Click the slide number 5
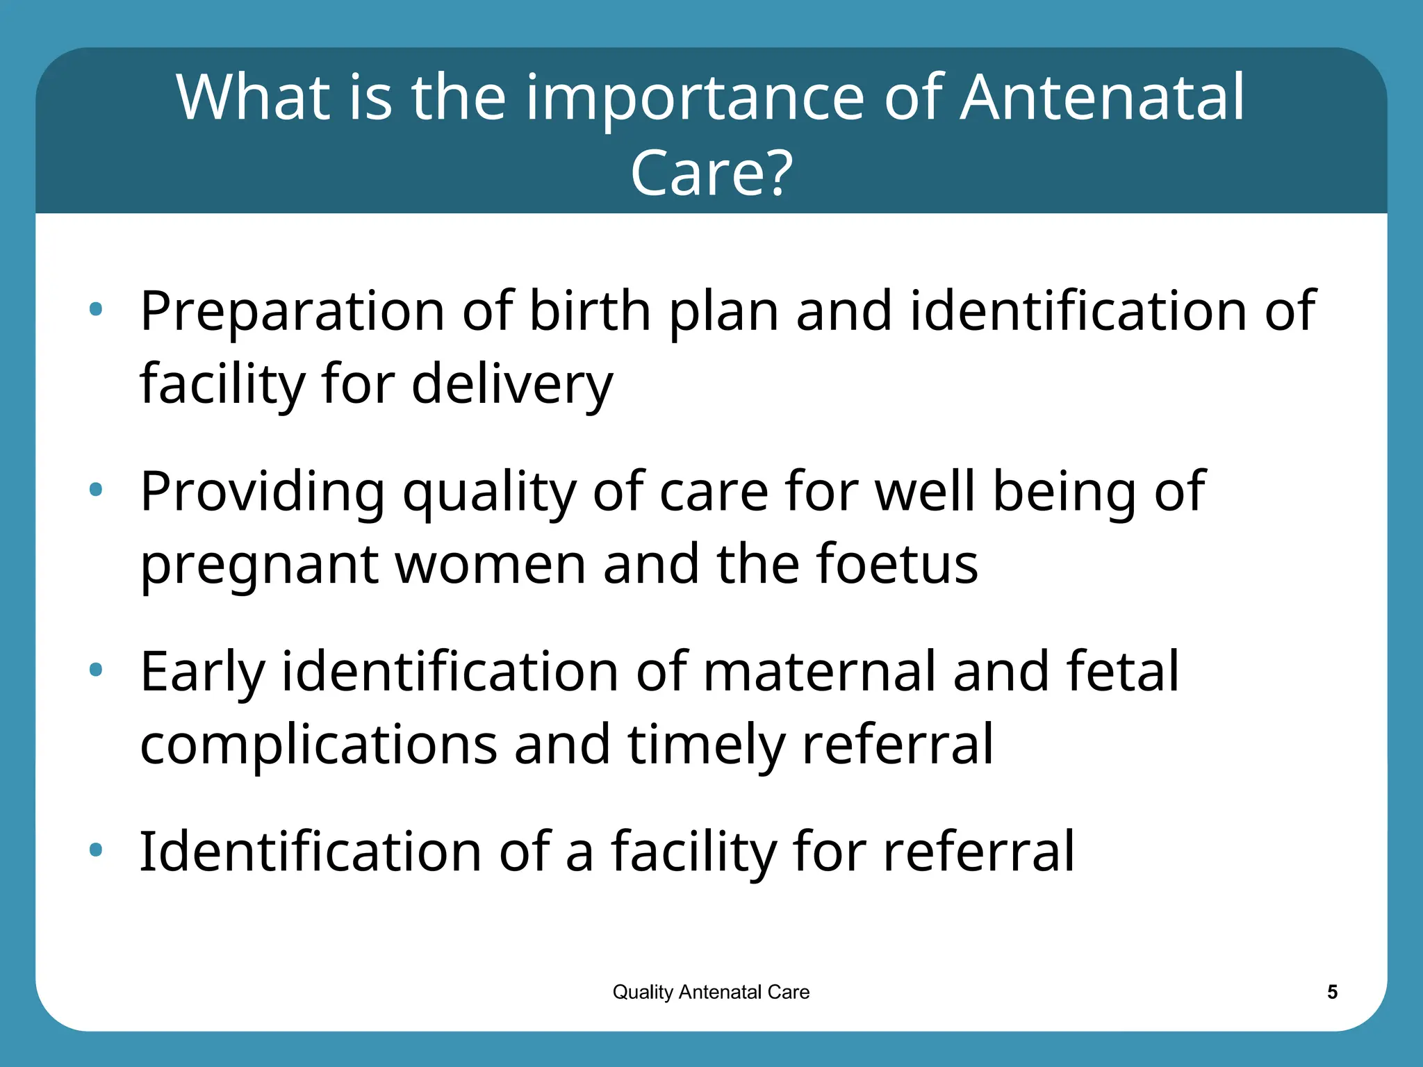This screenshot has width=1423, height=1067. pyautogui.click(x=1332, y=992)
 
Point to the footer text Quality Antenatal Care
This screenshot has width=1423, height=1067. pyautogui.click(x=711, y=992)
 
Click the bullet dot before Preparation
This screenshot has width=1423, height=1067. pyautogui.click(x=96, y=309)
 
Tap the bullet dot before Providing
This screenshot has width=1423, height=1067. pyautogui.click(x=96, y=490)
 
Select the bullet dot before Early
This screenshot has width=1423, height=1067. pyautogui.click(x=96, y=670)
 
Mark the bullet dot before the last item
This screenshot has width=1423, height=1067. pyautogui.click(x=96, y=849)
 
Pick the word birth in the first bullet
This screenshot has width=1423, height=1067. pyautogui.click(x=590, y=311)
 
